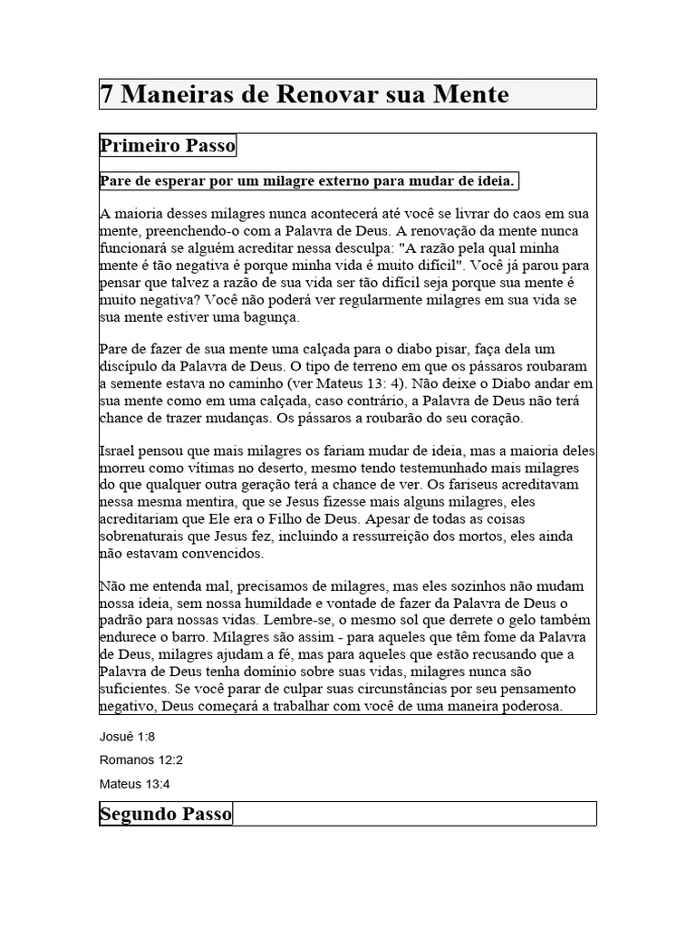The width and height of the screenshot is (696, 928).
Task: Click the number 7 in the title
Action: click(x=107, y=94)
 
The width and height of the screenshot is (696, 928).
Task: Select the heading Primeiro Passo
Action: click(x=167, y=146)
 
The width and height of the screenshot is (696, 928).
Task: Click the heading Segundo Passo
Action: click(x=166, y=814)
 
